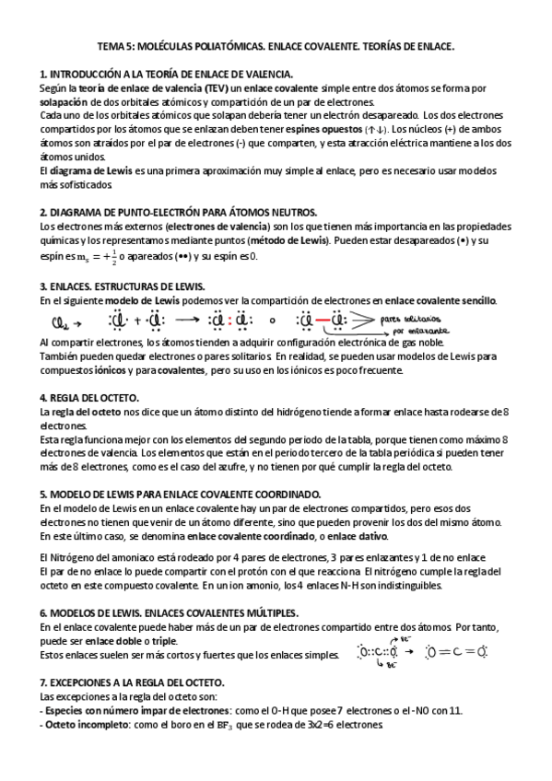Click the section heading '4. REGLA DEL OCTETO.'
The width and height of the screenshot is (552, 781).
tap(89, 397)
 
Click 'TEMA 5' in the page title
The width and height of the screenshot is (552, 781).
tap(118, 45)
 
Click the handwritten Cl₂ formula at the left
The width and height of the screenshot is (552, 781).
tap(57, 322)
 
